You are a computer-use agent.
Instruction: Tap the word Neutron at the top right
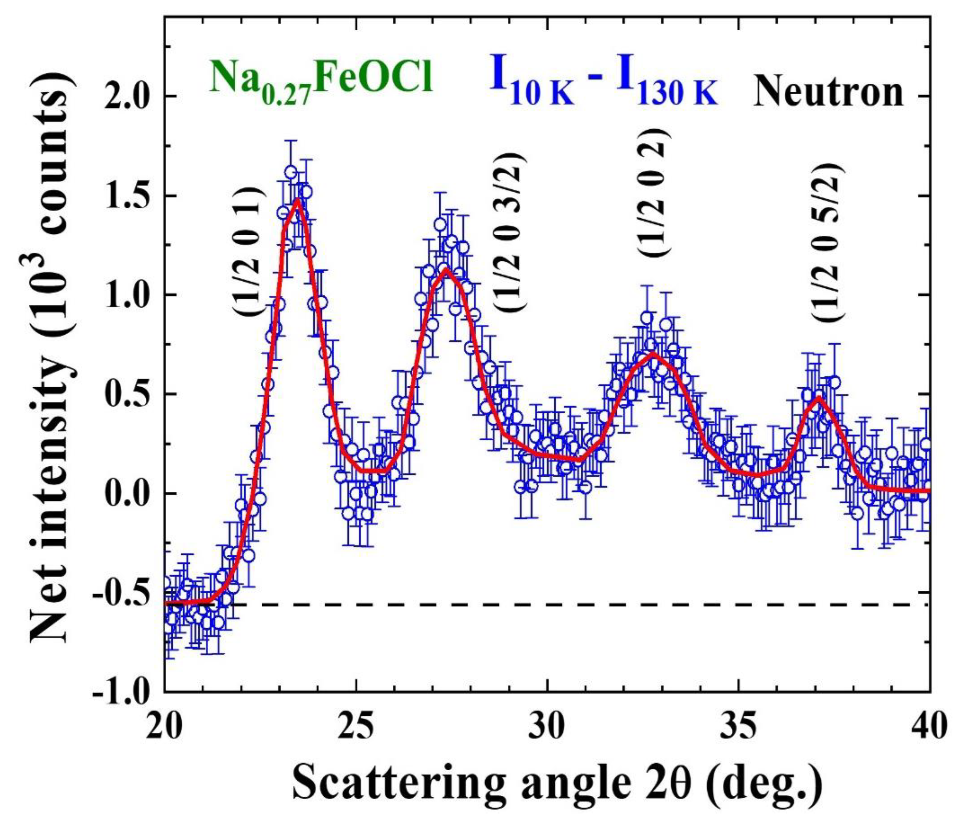(829, 91)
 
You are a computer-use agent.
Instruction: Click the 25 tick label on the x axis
(356, 729)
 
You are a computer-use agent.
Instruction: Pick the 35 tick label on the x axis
(739, 729)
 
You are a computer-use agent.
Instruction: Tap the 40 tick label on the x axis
(929, 729)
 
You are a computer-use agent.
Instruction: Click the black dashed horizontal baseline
(559, 605)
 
